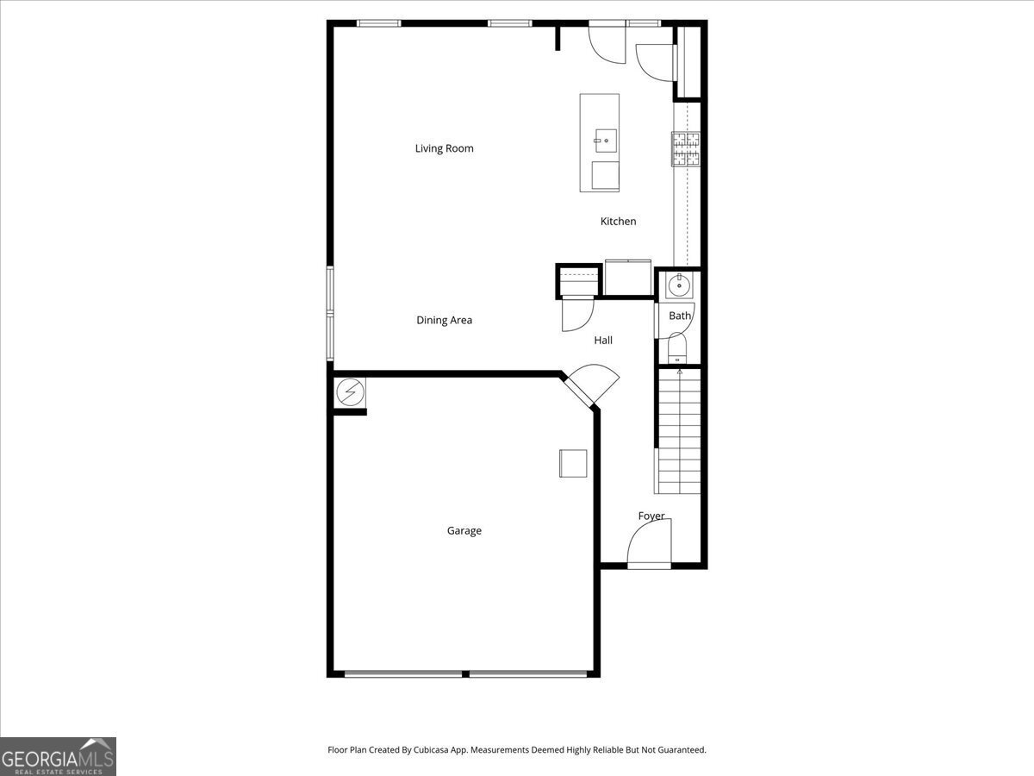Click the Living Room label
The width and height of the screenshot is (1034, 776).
coord(444,148)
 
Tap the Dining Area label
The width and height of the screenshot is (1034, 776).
coord(444,320)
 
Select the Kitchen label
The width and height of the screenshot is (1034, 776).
coord(618,222)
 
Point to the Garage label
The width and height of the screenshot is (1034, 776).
coord(464,531)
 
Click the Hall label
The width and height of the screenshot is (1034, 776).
coord(603,341)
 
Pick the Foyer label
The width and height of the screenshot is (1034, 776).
coord(651,516)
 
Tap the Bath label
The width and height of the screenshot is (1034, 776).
coord(680,316)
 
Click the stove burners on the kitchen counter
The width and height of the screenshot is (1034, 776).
coord(686,148)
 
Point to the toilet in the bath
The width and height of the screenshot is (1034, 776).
coord(676,349)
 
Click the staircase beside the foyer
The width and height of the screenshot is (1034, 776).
coord(679,431)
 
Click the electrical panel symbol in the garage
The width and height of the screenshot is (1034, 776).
coord(350,392)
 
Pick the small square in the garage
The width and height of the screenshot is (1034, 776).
coord(573,463)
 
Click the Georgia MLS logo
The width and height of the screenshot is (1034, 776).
coord(58,756)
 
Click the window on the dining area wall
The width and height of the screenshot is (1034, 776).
coord(329,312)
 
